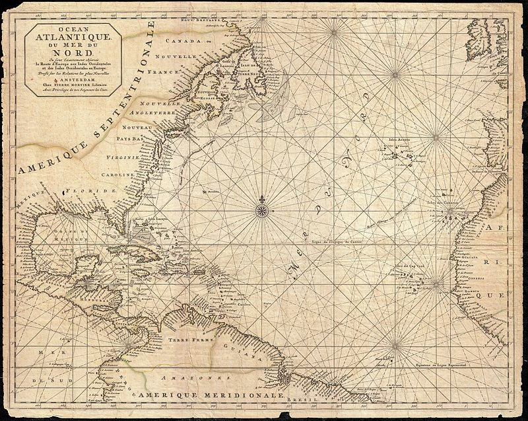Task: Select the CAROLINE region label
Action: pos(118,174)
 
